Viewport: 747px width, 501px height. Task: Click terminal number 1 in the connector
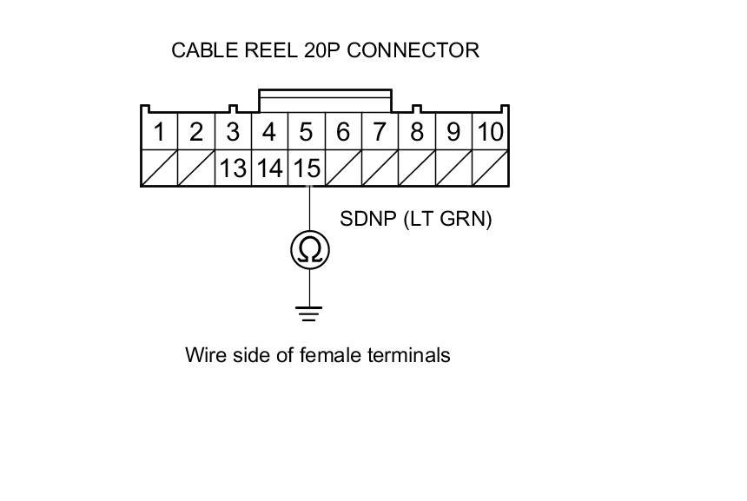tap(159, 133)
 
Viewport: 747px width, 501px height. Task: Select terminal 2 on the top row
tap(196, 133)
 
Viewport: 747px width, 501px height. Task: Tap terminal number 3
tap(233, 133)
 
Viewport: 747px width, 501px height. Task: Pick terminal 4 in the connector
tap(269, 133)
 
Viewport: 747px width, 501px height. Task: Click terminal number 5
tap(306, 133)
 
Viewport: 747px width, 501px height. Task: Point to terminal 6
tap(343, 133)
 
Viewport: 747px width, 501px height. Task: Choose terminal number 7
tap(380, 133)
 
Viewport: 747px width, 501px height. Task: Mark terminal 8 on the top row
tap(417, 133)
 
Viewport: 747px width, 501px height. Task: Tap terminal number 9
tap(453, 133)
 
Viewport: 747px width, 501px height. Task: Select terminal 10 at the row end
tap(490, 133)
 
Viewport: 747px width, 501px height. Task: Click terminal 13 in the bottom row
tap(233, 168)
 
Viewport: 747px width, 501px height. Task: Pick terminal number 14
tap(269, 168)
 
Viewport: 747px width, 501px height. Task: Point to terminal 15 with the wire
tap(306, 168)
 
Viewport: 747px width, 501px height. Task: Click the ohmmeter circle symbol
tap(309, 250)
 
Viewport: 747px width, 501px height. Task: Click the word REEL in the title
tap(266, 50)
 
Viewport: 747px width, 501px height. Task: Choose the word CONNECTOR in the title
tap(413, 50)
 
